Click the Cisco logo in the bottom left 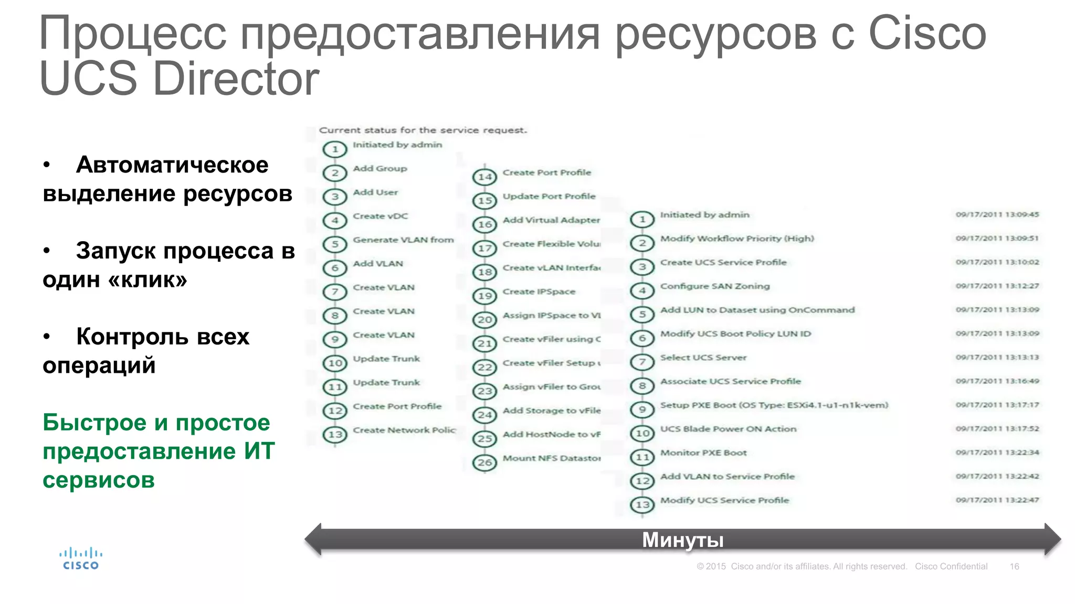(x=81, y=558)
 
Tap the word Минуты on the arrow (x=682, y=540)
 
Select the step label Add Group (x=380, y=169)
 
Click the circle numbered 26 (x=484, y=462)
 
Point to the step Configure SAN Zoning (x=714, y=286)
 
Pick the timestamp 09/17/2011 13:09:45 (x=997, y=214)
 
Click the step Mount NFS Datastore (x=551, y=458)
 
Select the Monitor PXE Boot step (x=703, y=453)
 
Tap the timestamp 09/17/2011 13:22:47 (x=997, y=500)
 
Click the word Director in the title (x=236, y=79)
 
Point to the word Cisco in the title (x=927, y=33)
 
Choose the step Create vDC (x=380, y=216)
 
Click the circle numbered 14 (x=484, y=177)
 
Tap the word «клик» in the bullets (x=147, y=280)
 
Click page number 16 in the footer (x=1014, y=566)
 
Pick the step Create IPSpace (x=539, y=292)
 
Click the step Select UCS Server (x=703, y=358)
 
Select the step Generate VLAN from (x=403, y=240)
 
